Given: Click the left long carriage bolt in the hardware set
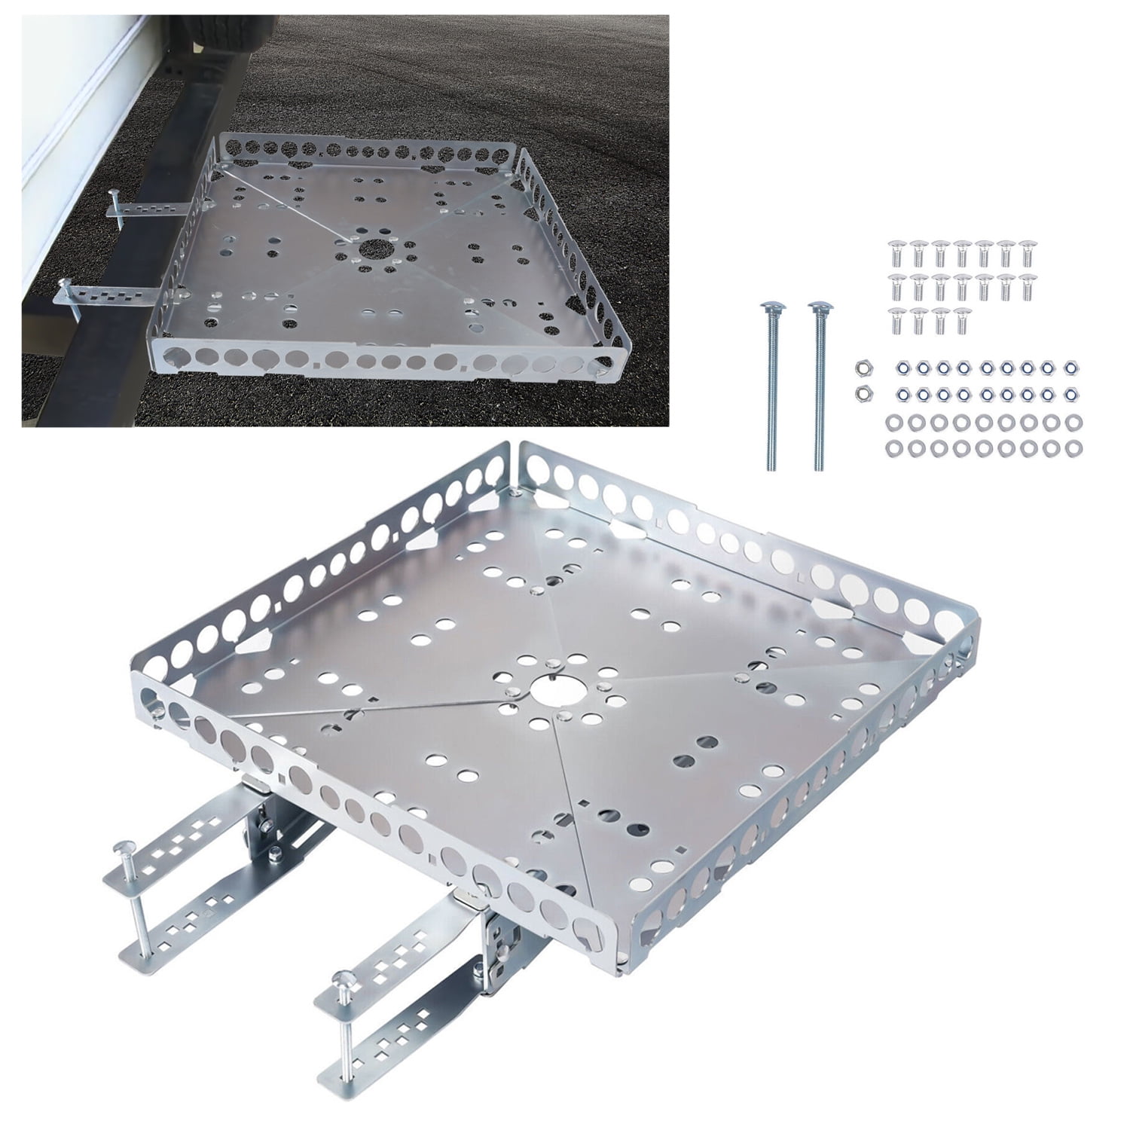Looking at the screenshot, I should (771, 384).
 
